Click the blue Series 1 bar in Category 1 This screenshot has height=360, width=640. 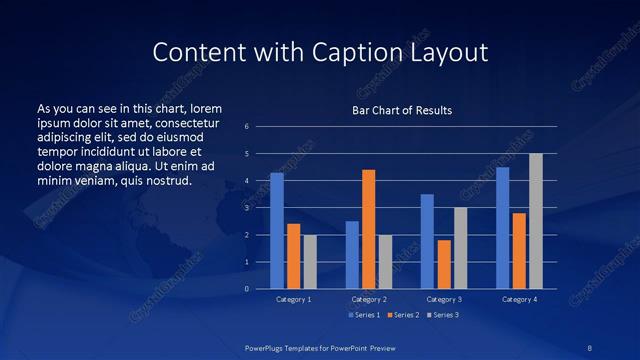(277, 231)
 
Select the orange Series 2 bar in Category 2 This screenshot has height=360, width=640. (368, 229)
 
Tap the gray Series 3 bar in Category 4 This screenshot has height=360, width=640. (536, 221)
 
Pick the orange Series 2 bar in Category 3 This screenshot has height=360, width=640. (444, 264)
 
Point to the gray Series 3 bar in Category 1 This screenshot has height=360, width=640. (310, 262)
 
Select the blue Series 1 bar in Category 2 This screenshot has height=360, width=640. (352, 255)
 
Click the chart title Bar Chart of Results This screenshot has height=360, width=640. (402, 110)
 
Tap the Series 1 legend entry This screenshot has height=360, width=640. (362, 315)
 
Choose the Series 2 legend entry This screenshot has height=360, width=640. (401, 315)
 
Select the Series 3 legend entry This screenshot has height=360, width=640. (440, 315)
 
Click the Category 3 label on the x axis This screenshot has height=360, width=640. (444, 299)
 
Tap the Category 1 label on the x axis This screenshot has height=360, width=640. (293, 299)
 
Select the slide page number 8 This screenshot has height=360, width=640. (590, 347)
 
